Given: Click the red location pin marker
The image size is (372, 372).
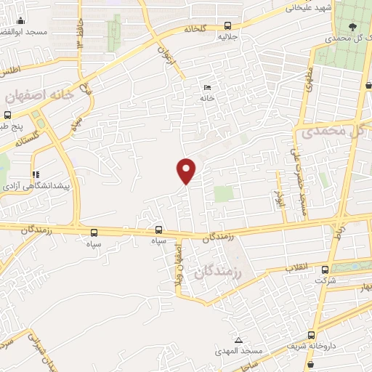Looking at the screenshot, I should pyautogui.click(x=187, y=170).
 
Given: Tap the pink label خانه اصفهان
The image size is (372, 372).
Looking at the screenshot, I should pyautogui.click(x=39, y=96).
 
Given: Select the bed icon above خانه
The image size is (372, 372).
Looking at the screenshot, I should pyautogui.click(x=208, y=87).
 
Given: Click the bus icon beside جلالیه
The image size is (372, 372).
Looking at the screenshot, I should pyautogui.click(x=228, y=24).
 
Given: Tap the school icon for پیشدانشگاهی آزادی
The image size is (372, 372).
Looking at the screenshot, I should pyautogui.click(x=35, y=174).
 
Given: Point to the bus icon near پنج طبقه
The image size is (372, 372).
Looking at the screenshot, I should pyautogui.click(x=7, y=115).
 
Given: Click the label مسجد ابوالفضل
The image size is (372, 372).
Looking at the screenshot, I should pyautogui.click(x=25, y=32).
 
